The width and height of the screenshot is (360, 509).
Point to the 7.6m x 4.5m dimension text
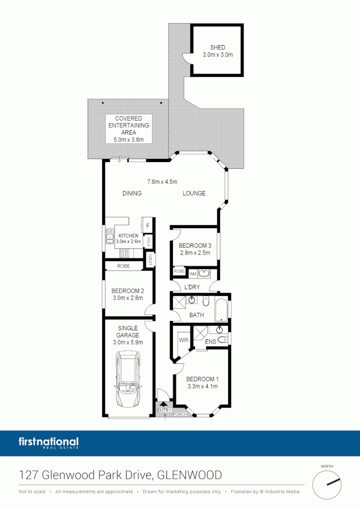coord(162,181)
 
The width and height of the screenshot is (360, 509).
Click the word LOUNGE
coord(194,193)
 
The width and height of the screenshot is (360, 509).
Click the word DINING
coord(132,193)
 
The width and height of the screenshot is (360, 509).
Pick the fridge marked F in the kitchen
coord(147,226)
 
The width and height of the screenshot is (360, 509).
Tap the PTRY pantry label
coord(149,241)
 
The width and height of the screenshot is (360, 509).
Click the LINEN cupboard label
coord(150,260)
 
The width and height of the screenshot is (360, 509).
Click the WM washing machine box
coord(192,273)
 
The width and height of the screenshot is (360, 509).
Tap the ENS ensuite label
coord(210,341)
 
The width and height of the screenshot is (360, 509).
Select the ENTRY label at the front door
coord(164,410)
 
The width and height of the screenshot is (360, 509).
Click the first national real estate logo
coord(49,443)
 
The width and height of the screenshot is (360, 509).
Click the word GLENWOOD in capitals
coord(189,475)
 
